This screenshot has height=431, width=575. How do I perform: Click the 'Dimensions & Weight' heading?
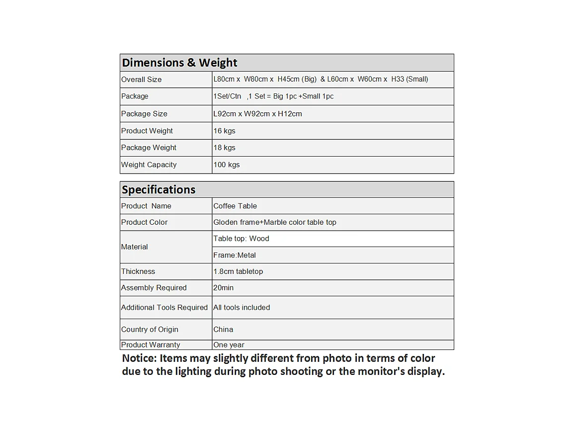click(x=179, y=63)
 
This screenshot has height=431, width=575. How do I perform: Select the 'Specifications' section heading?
click(x=159, y=189)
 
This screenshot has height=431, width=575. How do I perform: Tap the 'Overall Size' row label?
click(x=141, y=80)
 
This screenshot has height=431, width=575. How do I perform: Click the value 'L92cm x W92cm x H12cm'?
click(x=257, y=114)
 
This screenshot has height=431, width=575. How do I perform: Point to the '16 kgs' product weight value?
click(x=224, y=131)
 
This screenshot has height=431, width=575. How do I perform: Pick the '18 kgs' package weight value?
click(x=224, y=148)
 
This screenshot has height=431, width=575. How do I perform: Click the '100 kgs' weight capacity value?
click(x=226, y=165)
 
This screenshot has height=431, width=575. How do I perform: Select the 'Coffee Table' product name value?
click(x=235, y=206)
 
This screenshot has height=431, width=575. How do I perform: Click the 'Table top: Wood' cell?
click(x=241, y=239)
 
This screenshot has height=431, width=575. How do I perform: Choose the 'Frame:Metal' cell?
click(x=235, y=255)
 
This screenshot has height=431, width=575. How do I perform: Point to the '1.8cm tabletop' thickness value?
click(x=238, y=271)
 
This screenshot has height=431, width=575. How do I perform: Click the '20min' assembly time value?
click(x=223, y=288)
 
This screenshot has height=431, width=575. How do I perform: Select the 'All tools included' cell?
click(x=242, y=308)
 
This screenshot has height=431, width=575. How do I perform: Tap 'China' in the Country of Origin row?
click(x=223, y=330)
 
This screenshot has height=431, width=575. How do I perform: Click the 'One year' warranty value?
click(x=229, y=345)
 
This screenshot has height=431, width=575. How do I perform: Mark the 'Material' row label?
click(x=134, y=247)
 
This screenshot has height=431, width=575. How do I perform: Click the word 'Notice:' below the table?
click(x=139, y=358)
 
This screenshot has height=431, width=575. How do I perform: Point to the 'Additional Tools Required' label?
click(x=164, y=308)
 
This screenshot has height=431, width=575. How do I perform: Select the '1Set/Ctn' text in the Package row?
click(x=227, y=96)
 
